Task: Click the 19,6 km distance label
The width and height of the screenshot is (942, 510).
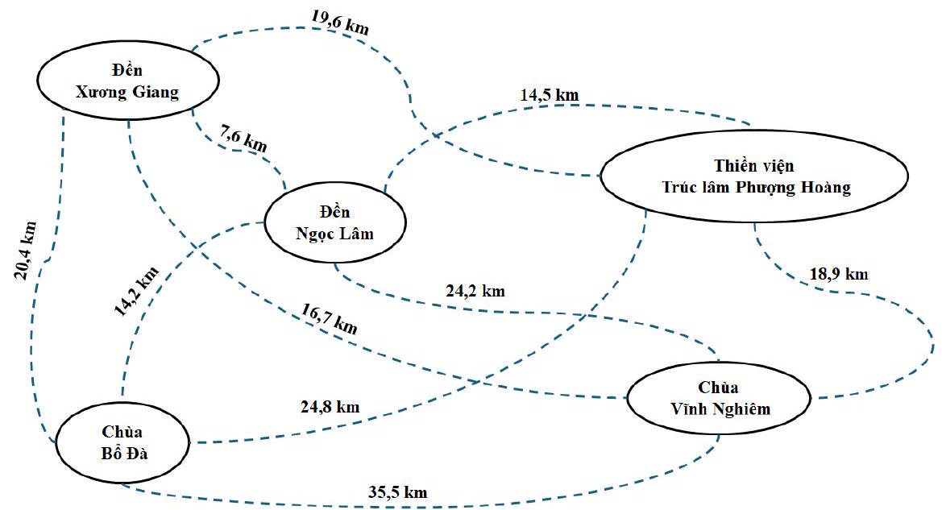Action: tap(340, 22)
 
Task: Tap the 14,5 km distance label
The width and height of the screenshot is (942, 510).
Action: tap(549, 94)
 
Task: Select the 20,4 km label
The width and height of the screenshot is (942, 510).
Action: tap(26, 250)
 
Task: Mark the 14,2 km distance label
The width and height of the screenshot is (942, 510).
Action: tap(135, 287)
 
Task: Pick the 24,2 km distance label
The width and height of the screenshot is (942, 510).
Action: tap(475, 291)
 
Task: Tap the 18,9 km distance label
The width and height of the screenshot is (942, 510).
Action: tap(838, 273)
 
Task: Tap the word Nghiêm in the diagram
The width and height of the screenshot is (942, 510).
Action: tap(741, 408)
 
